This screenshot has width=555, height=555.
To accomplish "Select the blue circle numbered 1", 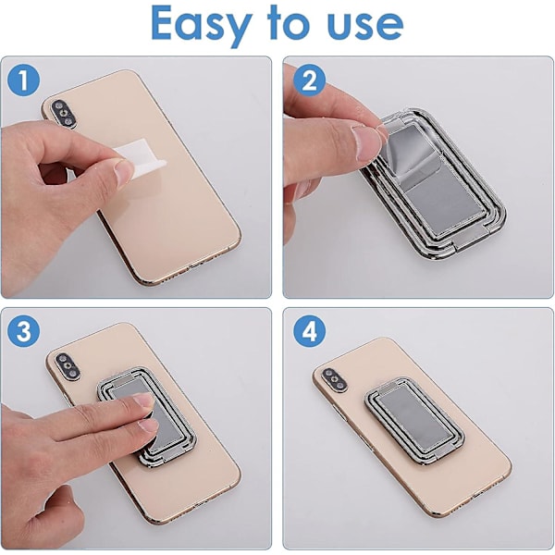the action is pos(23,80).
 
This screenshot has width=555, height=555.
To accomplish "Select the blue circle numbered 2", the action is pos(309,80).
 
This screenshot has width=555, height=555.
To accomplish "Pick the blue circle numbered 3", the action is pos(23,331).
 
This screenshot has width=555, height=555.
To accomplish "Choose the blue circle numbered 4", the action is pos(309,331).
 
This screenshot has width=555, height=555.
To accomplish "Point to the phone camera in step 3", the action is pos(68,366).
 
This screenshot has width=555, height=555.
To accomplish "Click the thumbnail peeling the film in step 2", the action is pos(366,141).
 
